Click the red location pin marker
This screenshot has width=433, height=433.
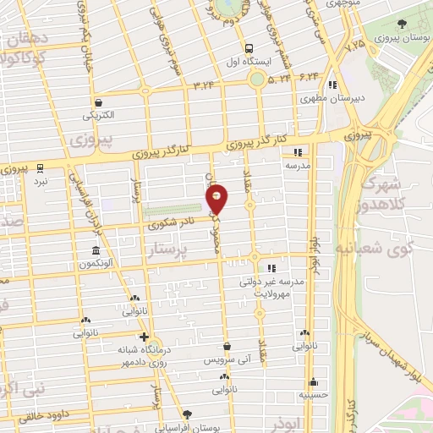point(217,199)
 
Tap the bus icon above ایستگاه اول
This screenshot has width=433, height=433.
point(249,47)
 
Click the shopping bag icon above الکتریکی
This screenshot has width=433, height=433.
point(98,101)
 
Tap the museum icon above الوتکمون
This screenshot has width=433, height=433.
point(95,251)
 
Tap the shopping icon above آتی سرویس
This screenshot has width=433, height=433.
point(227,346)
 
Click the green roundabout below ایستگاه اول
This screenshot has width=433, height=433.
point(257,79)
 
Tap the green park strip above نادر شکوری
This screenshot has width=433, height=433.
point(174,210)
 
